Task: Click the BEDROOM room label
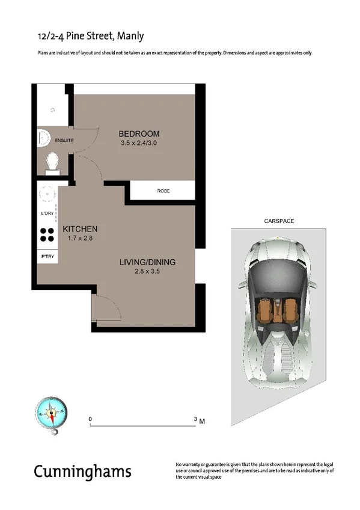point(139,134)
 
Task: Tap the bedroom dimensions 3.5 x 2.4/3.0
point(139,143)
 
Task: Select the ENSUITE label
point(64,140)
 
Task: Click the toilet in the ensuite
point(52,162)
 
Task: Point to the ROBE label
point(163,191)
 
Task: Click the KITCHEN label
point(80,230)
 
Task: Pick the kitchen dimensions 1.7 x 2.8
point(80,239)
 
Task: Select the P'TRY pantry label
point(47,257)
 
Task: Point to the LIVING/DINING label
point(147,262)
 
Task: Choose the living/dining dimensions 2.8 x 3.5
point(147,272)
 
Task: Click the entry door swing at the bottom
point(106,310)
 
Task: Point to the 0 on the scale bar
point(90,418)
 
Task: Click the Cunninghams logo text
point(82,470)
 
